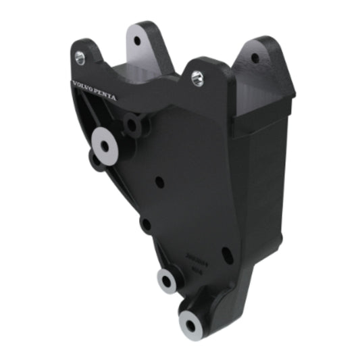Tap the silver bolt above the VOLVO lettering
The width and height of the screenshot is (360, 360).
(80, 58)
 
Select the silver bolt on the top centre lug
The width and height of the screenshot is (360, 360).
(197, 77)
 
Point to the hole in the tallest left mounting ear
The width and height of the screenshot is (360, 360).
(137, 41)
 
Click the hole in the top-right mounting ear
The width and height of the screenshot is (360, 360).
(255, 58)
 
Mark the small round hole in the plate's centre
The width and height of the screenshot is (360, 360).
(159, 182)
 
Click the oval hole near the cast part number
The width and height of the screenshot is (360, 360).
(227, 255)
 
